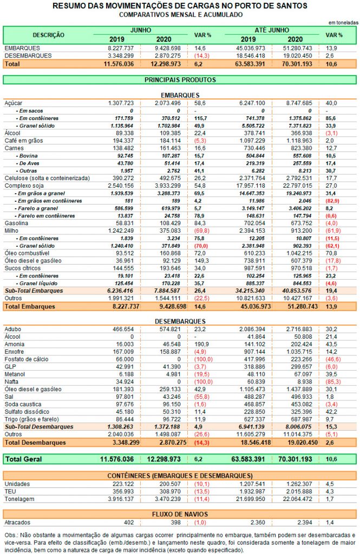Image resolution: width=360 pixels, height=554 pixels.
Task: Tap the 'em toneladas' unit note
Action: [343, 23]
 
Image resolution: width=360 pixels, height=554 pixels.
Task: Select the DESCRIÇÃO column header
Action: [48, 35]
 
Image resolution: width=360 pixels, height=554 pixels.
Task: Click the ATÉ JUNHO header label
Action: [272, 30]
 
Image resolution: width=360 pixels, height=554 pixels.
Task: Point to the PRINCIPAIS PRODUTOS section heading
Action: [180, 80]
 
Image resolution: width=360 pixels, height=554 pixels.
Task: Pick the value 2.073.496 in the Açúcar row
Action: [168, 103]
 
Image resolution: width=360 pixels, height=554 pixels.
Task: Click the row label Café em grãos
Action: [24, 141]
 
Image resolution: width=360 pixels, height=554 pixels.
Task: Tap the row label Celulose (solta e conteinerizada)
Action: [47, 178]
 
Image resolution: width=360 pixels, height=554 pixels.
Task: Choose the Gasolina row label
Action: [16, 223]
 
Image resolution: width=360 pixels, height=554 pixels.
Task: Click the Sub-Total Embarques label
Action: [34, 291]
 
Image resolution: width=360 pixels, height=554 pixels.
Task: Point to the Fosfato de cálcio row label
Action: [27, 359]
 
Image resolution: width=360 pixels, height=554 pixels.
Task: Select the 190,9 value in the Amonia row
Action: [201, 344]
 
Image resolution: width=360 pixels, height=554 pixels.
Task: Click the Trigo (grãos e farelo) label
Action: [31, 419]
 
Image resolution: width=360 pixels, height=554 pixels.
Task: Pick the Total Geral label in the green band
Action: [24, 459]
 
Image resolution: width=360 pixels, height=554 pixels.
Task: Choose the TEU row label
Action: [10, 491]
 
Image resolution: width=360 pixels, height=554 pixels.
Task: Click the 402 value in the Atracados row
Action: [129, 523]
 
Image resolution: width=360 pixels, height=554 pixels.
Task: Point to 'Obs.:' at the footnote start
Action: [11, 535]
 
